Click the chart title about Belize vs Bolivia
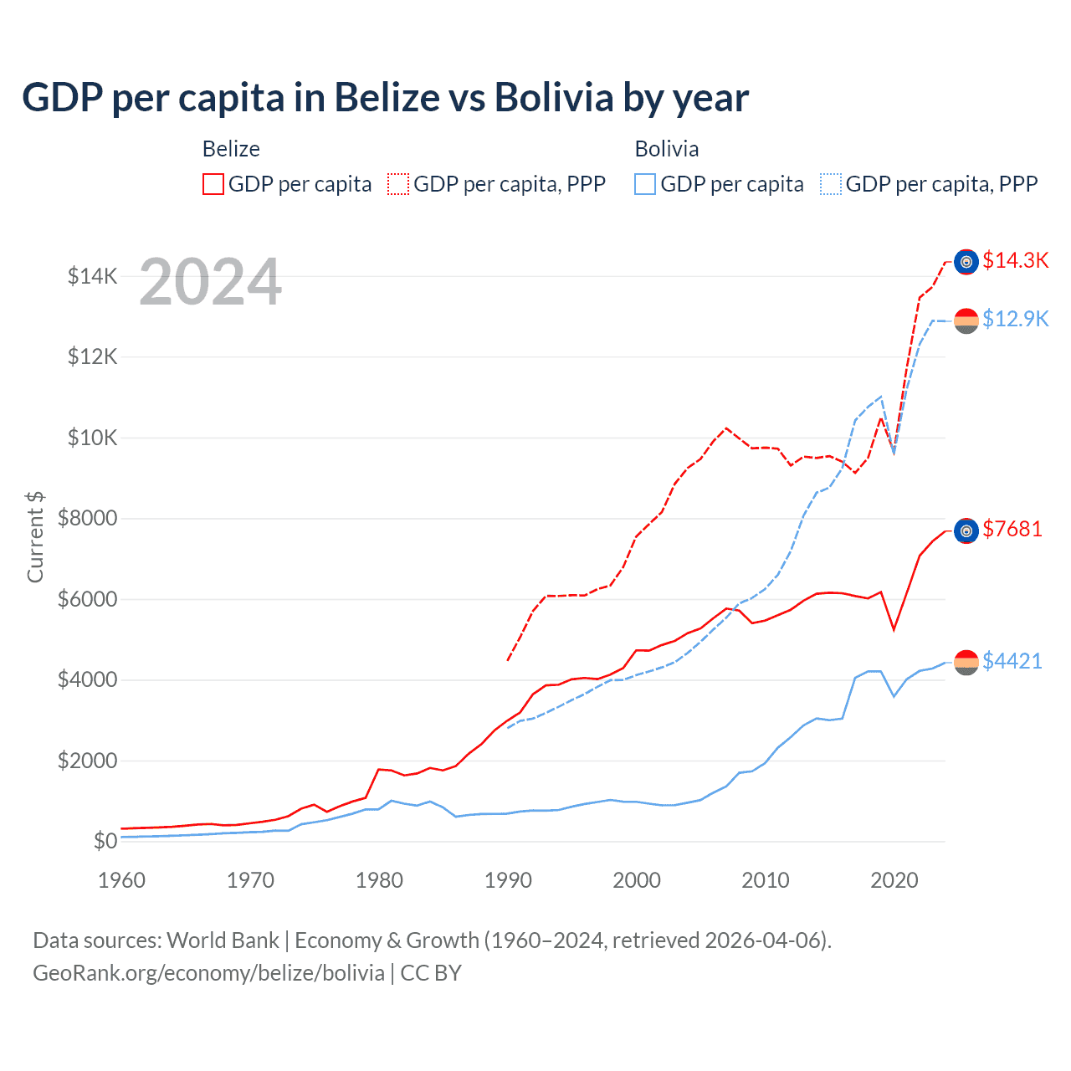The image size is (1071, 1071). point(385,98)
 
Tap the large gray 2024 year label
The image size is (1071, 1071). point(210,282)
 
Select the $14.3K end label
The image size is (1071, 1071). point(1015,260)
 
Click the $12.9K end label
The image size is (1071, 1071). point(1015,319)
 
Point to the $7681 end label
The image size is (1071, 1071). point(1012,529)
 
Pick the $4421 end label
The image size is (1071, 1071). point(1012,661)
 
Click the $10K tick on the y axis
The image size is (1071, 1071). point(92,438)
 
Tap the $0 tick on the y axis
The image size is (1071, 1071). point(105,841)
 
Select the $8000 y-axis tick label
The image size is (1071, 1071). point(88,518)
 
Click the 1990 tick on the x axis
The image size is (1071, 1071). point(508,880)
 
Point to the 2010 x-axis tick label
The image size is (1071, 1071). point(766,880)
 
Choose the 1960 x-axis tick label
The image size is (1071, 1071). point(122,880)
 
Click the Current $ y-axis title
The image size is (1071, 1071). point(35,536)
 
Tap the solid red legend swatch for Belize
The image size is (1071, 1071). point(213,184)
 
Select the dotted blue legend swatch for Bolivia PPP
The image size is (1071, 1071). point(831,184)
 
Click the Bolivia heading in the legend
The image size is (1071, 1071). point(667,149)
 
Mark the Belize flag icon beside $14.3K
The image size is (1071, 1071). point(966,262)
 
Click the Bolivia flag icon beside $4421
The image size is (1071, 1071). point(966,662)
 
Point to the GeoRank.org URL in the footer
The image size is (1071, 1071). point(208,973)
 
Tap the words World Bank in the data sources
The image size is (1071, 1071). point(223,940)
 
